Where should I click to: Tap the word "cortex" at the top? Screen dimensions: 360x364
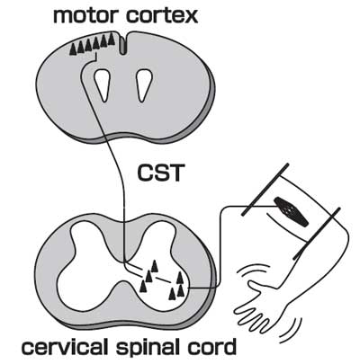point(162,16)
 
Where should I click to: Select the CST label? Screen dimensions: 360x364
point(159,173)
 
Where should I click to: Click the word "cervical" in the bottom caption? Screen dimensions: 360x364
point(65,347)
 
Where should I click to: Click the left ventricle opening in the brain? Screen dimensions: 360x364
point(102,85)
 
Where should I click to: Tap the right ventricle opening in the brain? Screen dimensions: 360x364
point(144,85)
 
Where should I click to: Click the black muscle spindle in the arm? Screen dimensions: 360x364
point(291,211)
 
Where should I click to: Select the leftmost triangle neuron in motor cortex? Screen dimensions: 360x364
point(73,49)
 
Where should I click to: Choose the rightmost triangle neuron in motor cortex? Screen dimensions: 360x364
point(112,39)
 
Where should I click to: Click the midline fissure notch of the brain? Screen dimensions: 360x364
point(123,44)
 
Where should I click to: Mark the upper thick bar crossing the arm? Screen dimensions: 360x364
point(265,190)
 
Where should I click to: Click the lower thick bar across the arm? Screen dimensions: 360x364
point(317,233)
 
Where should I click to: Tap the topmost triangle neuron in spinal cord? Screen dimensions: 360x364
point(154,266)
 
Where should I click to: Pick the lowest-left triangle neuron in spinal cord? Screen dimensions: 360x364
point(144,286)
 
